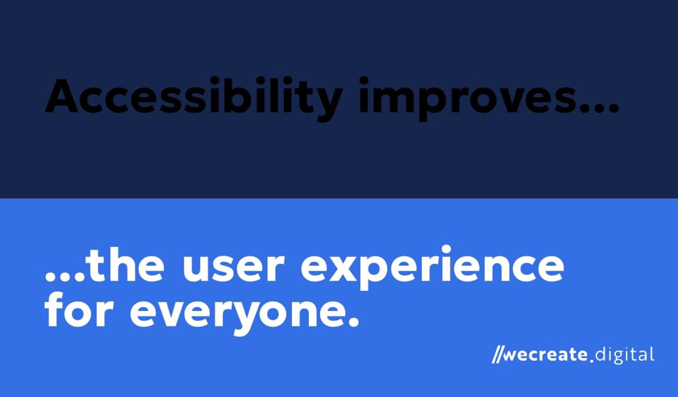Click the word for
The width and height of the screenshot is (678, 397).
coord(79,311)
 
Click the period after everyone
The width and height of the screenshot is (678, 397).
coord(353,323)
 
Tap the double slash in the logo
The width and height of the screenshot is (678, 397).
coord(498,355)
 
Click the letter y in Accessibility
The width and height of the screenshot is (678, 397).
coord(326,101)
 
